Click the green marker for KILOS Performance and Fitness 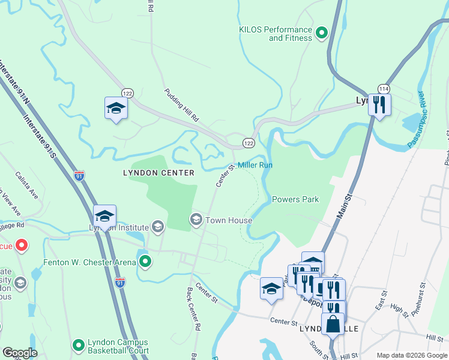coord(321,34)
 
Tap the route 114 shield coord(384,88)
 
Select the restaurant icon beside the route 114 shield coord(379,104)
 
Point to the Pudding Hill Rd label coord(182,105)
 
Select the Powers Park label coord(295,199)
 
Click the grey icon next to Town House coord(196,220)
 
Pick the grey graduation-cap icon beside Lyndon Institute coord(157,227)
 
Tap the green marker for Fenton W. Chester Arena coord(145,262)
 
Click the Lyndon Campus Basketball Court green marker coord(78,346)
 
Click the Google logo coord(20,353)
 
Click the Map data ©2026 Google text coord(411,355)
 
